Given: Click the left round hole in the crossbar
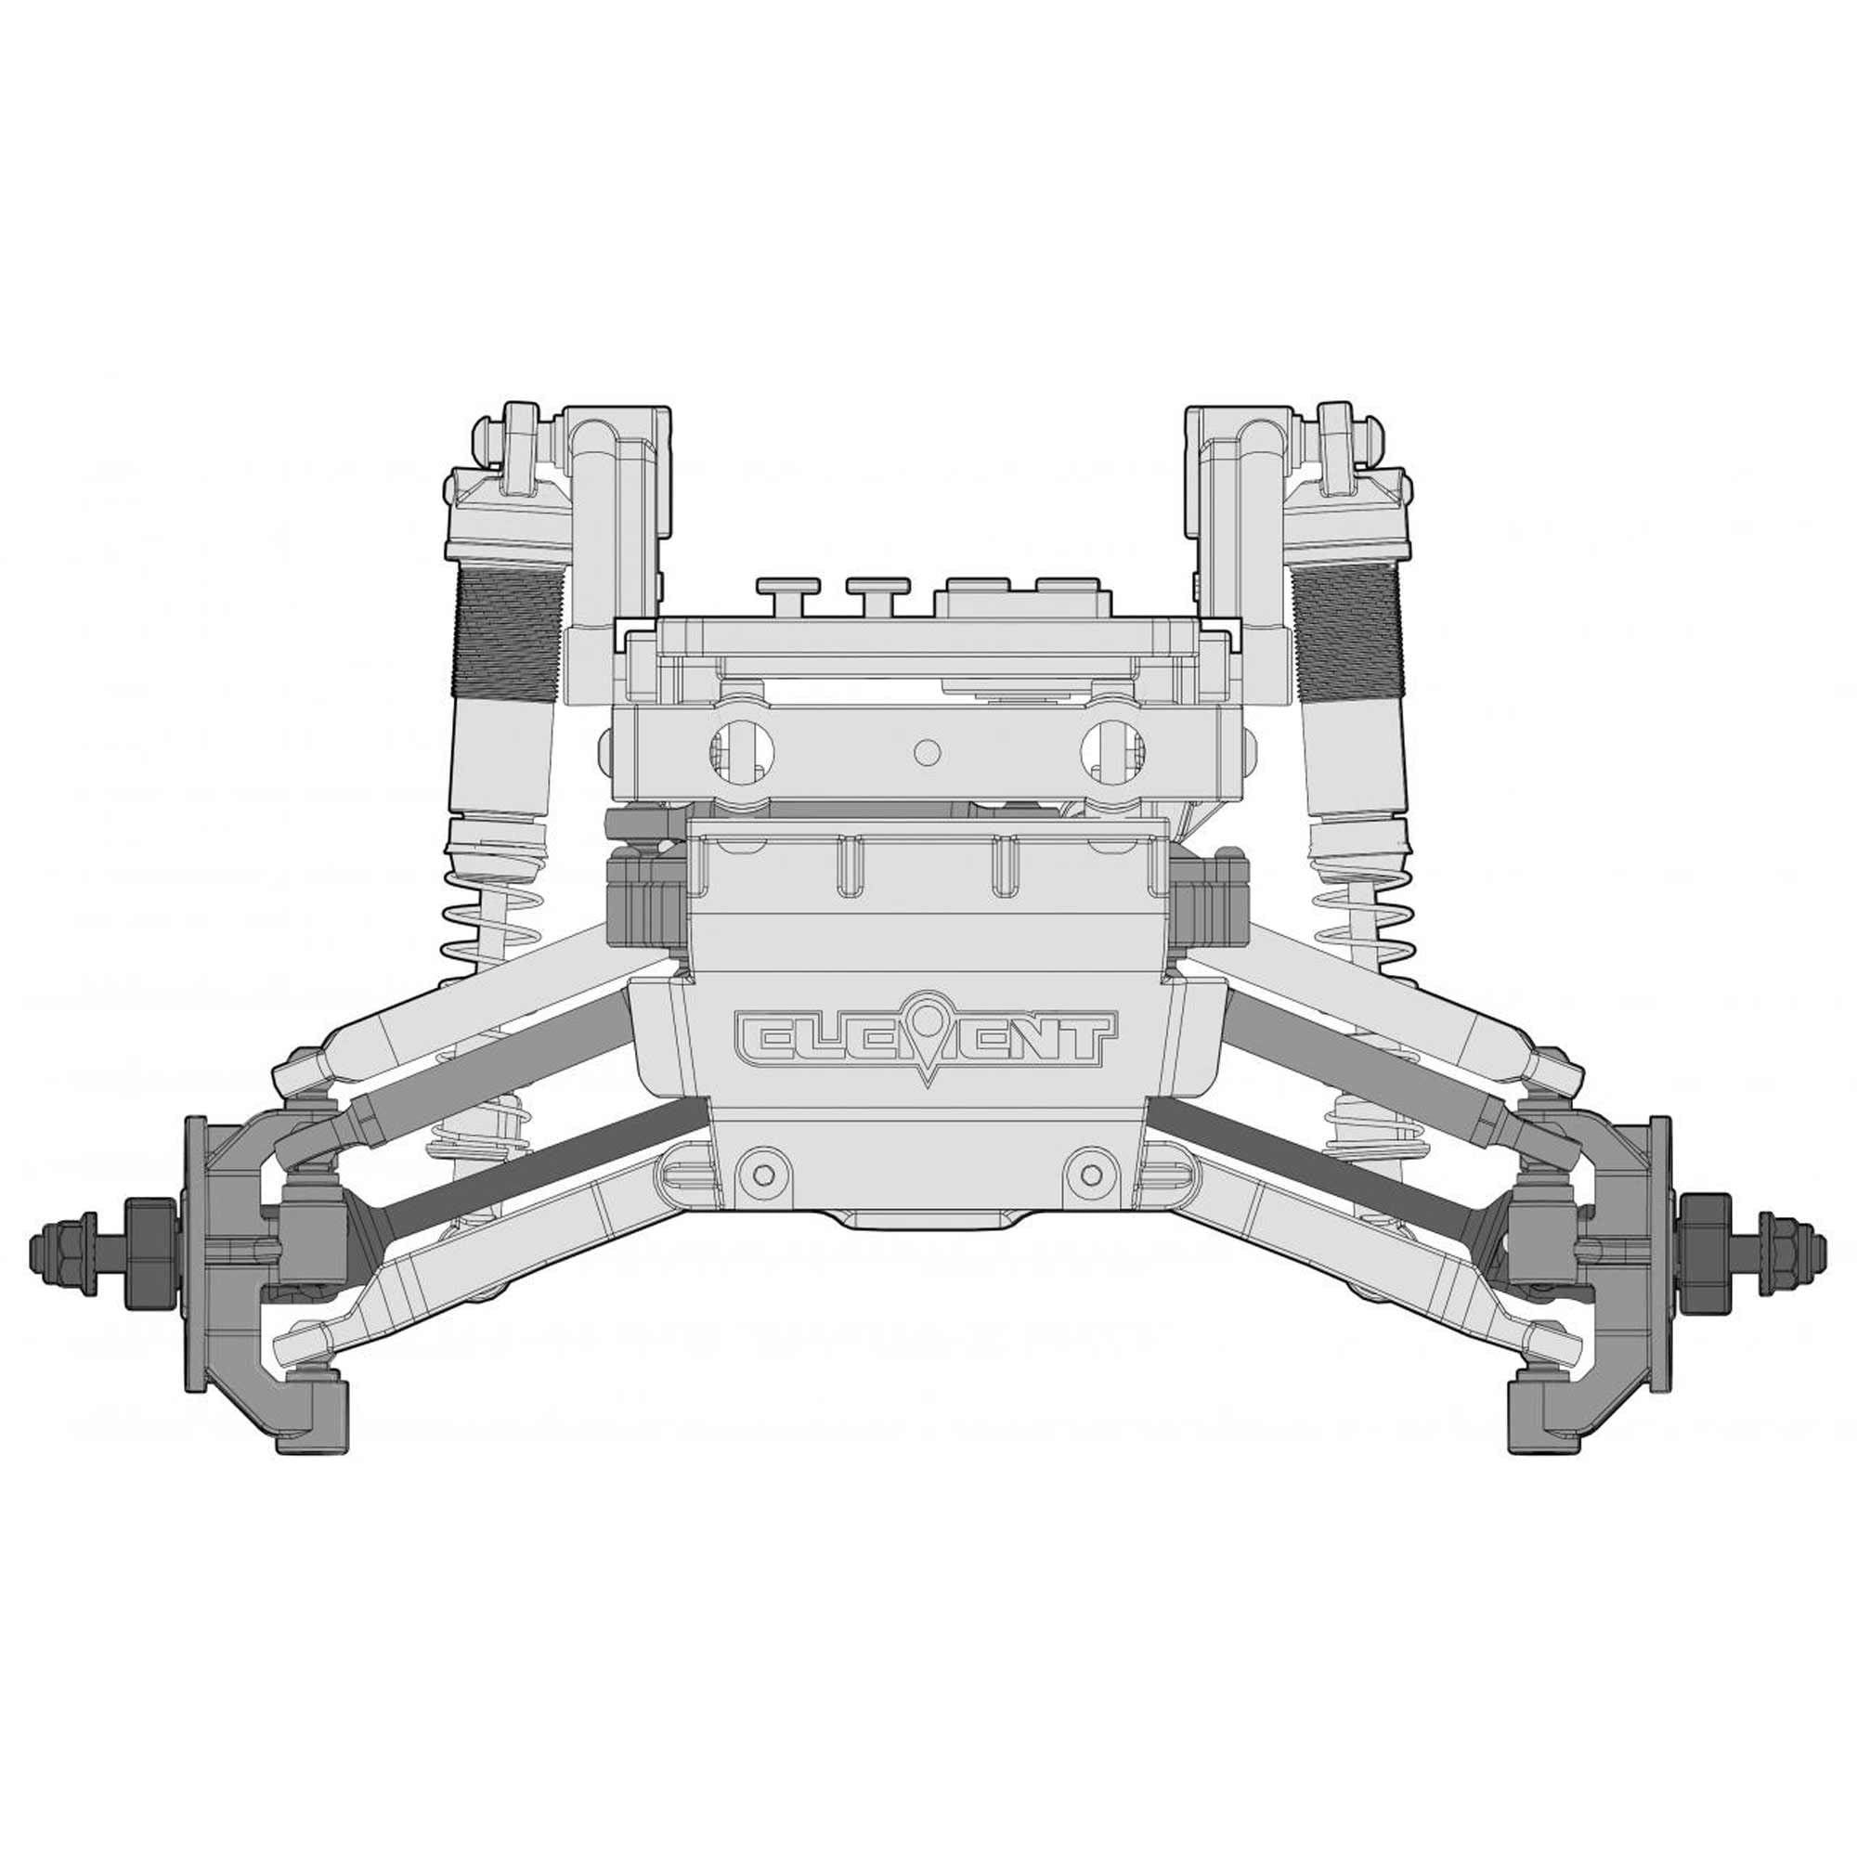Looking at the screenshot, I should tap(741, 749).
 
